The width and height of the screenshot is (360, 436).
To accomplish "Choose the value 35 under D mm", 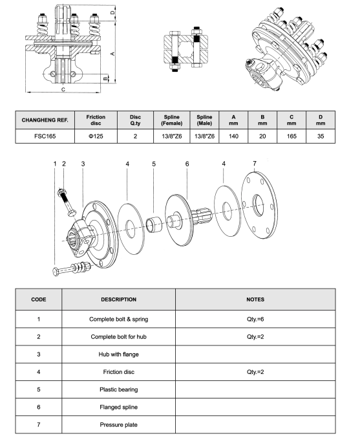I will [321, 136].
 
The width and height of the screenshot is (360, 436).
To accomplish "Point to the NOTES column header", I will [255, 300].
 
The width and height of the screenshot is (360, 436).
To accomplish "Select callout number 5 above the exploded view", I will [154, 164].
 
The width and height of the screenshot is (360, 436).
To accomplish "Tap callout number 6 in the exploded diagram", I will [187, 164].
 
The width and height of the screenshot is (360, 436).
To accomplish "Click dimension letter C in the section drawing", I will [62, 89].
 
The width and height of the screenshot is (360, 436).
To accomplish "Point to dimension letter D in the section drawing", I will [112, 12].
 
